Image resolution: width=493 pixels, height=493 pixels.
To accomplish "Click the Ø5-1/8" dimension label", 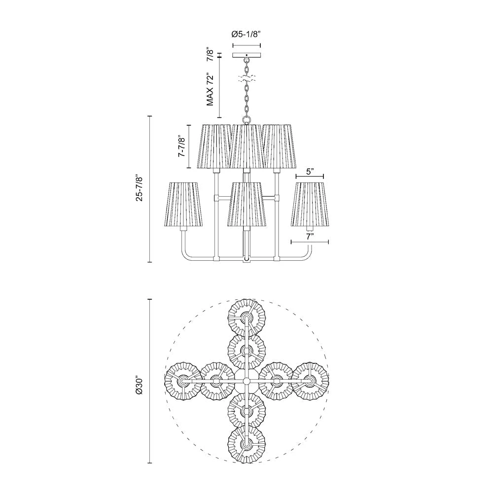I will [246, 35].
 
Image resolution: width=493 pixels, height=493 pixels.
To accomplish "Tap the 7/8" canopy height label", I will [211, 54].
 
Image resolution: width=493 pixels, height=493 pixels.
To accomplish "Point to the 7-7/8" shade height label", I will [181, 146].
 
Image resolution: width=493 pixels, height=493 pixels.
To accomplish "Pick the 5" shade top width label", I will [310, 172].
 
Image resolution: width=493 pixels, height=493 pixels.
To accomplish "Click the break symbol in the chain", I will [246, 78].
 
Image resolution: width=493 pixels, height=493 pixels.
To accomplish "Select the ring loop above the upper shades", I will [246, 119].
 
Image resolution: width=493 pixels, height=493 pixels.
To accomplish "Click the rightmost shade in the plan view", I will [310, 381].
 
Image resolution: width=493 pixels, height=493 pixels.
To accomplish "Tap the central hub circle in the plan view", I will [246, 381].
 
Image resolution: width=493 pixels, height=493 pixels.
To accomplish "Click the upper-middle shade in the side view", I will [246, 146].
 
